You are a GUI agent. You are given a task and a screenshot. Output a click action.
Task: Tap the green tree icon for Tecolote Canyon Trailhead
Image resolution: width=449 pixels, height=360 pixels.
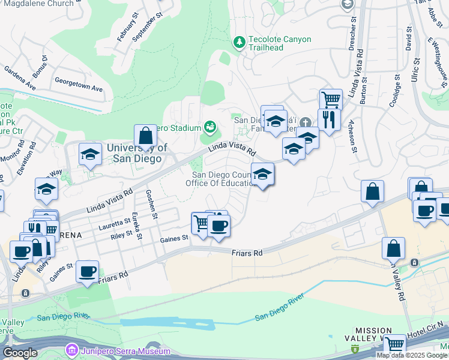click(x=239, y=41)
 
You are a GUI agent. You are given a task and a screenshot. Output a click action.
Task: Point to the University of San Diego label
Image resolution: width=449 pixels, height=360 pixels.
click(x=134, y=154)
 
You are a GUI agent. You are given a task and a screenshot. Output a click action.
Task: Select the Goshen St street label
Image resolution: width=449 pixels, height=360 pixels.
click(x=151, y=204)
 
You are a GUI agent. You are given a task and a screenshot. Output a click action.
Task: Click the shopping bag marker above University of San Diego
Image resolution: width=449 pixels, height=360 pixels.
click(x=145, y=136)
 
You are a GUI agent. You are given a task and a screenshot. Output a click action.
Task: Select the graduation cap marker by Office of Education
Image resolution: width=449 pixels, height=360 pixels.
click(x=262, y=175)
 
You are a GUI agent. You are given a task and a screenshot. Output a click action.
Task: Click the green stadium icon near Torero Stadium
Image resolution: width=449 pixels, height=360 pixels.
click(x=209, y=126)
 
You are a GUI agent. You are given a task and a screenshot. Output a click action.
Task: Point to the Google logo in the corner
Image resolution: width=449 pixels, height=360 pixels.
click(x=19, y=353)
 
